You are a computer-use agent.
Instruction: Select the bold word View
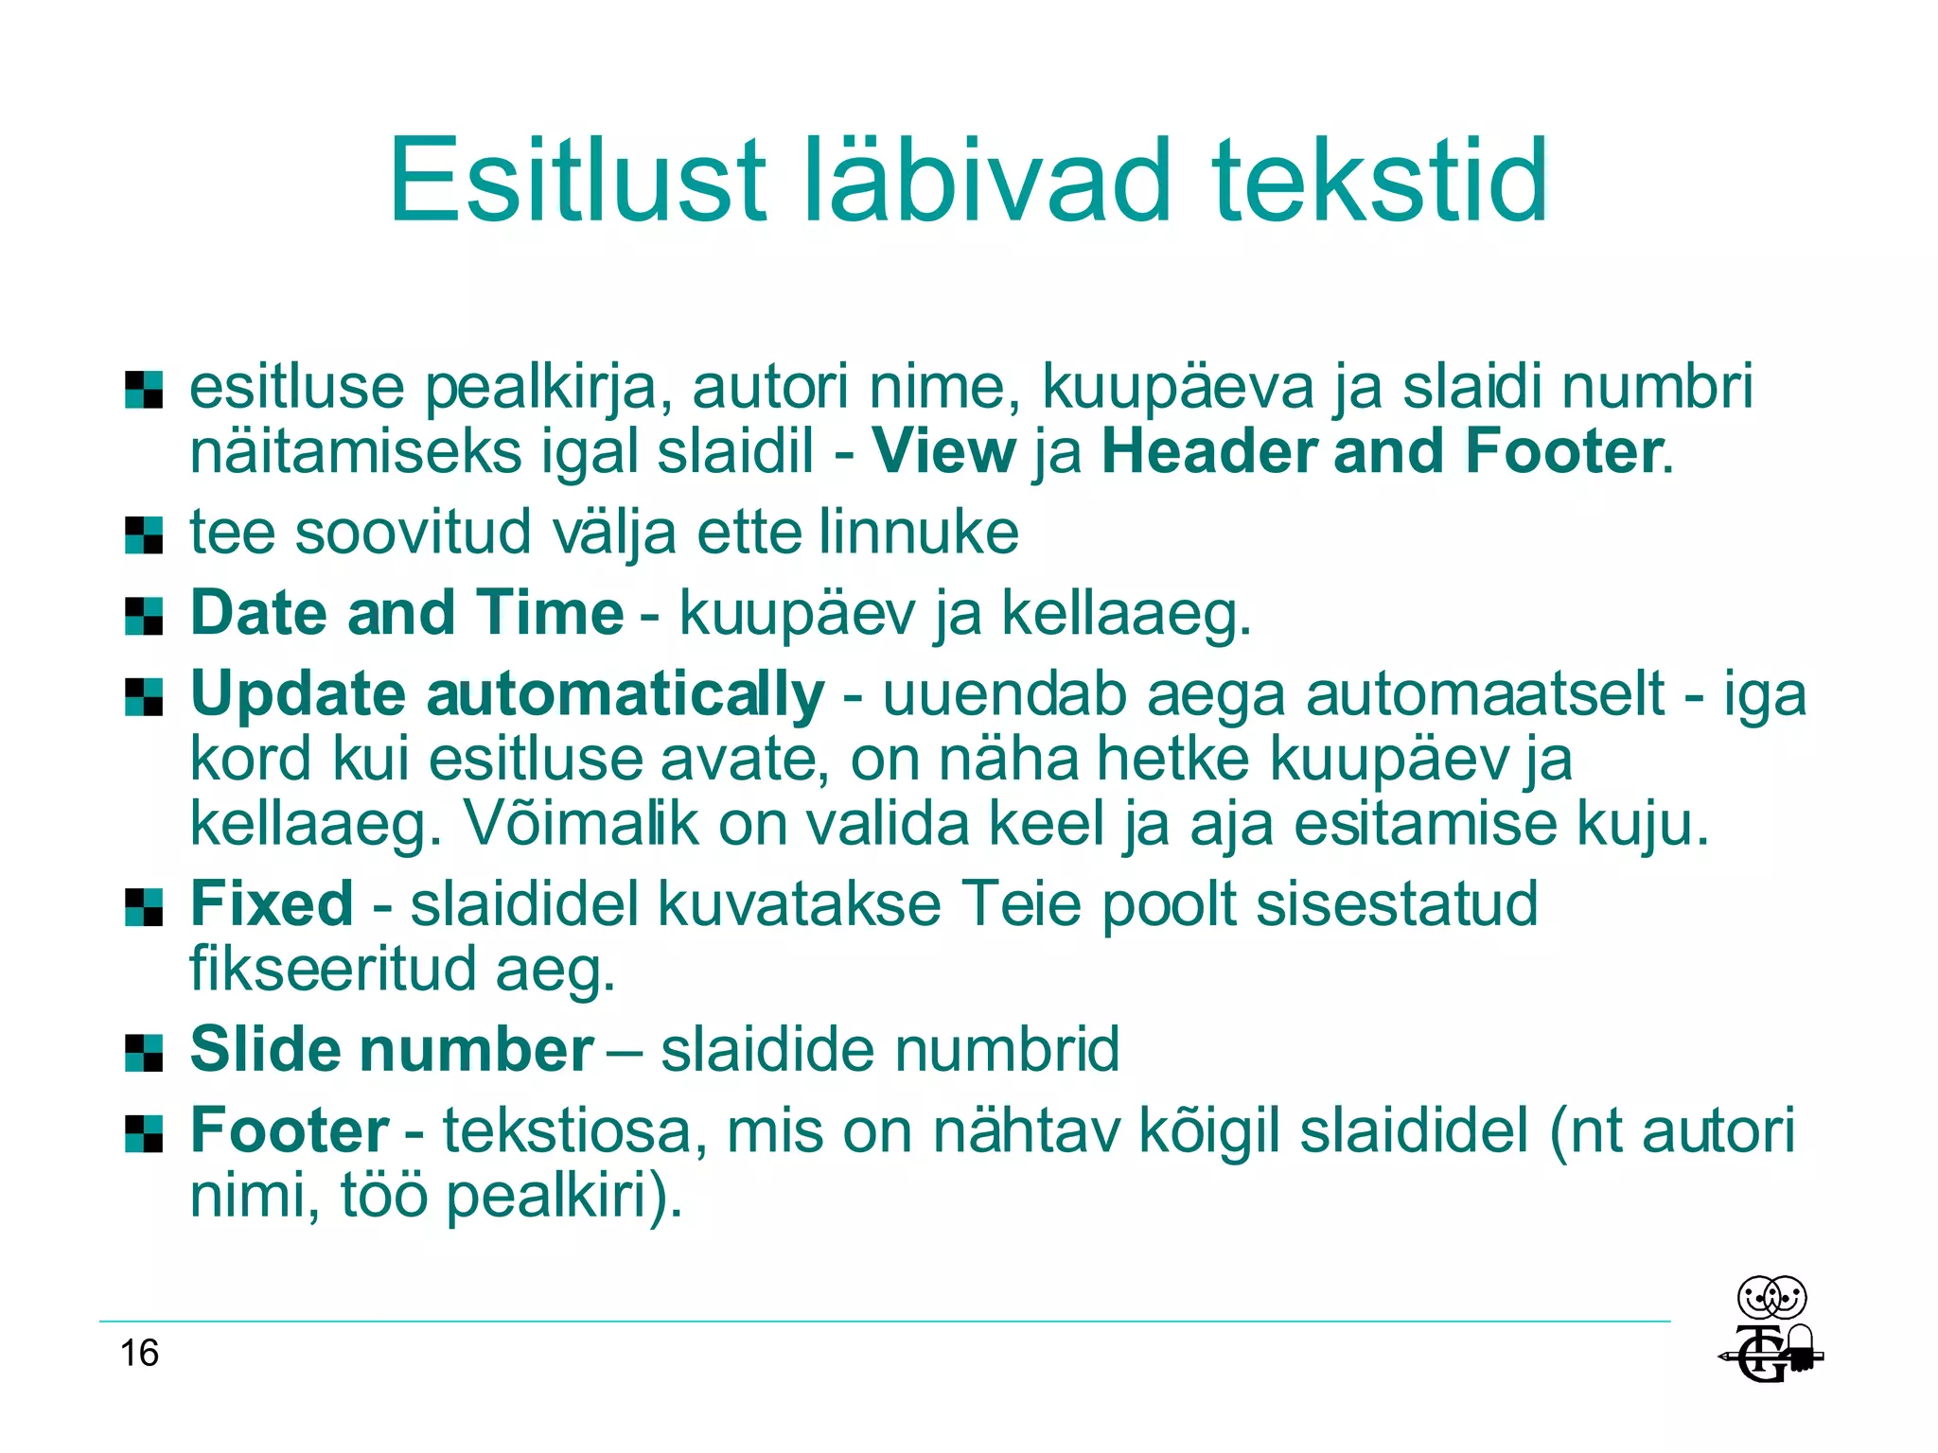click(x=943, y=451)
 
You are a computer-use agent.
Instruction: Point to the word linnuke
click(x=919, y=532)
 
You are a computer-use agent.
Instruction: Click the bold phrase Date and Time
click(x=407, y=613)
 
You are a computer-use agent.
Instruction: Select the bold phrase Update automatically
click(x=507, y=694)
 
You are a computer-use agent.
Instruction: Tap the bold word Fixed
click(x=273, y=903)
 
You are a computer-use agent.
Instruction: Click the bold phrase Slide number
click(x=392, y=1050)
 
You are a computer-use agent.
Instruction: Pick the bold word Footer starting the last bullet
click(x=290, y=1130)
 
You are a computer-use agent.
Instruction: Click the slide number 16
click(x=139, y=1354)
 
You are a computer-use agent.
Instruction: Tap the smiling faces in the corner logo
click(x=1771, y=1298)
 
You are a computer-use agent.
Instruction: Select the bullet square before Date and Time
click(x=144, y=616)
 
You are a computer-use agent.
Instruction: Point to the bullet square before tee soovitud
click(x=144, y=534)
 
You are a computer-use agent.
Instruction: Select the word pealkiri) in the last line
click(x=564, y=1196)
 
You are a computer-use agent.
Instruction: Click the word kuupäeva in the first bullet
click(x=1178, y=387)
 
